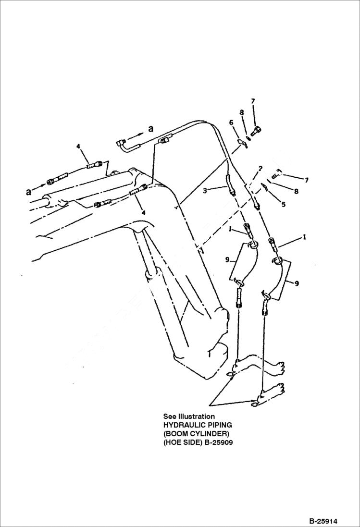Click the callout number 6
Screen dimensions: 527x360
pos(231,123)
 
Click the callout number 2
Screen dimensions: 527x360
pos(260,169)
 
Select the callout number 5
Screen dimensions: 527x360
pos(283,204)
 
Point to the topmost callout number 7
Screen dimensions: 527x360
pos(253,101)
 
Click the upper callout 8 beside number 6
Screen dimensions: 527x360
pos(242,112)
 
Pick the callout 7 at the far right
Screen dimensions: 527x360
pos(306,180)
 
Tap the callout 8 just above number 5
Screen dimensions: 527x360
pos(296,191)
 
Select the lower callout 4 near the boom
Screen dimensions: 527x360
pos(142,211)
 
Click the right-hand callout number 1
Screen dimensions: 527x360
pos(304,237)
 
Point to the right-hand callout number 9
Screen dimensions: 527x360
pos(297,283)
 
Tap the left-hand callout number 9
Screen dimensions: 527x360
pos(226,260)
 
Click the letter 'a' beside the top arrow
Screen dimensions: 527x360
pos(150,129)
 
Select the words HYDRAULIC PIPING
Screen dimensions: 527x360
pos(198,425)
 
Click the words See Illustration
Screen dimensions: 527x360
pos(189,417)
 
